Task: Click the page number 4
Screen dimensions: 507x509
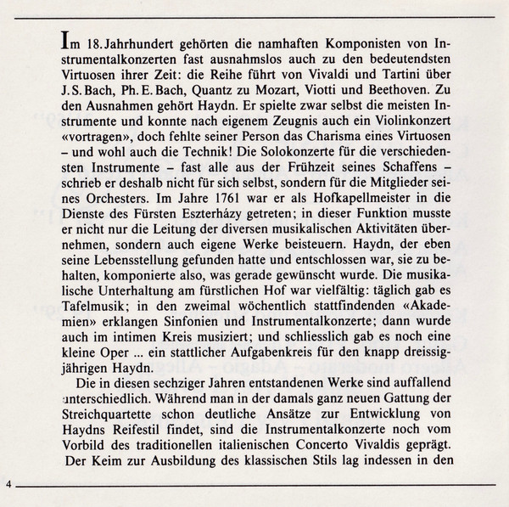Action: coord(7,484)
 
